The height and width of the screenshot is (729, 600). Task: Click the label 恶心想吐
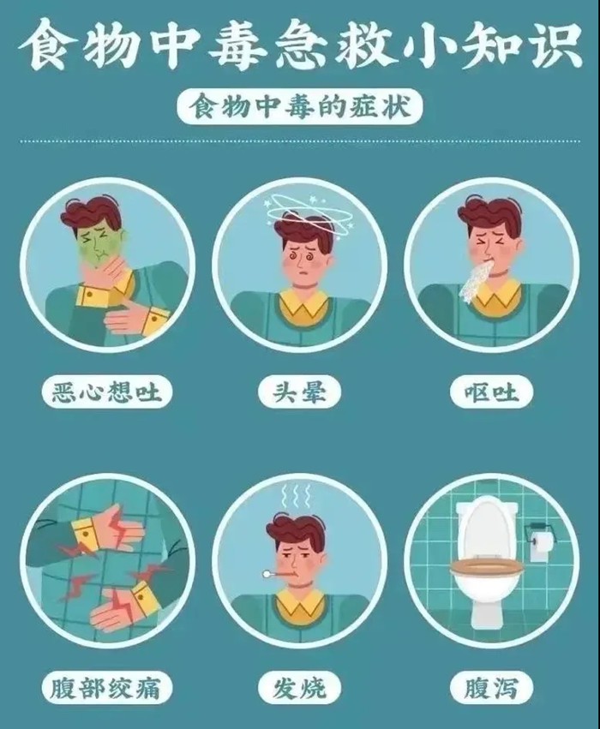click(107, 392)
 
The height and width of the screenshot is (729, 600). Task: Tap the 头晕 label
click(299, 392)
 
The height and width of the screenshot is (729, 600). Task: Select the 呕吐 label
click(491, 392)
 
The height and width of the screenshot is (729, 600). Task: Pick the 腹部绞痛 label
click(107, 686)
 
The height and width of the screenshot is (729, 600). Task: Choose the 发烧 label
click(299, 686)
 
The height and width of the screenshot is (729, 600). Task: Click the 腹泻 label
click(491, 686)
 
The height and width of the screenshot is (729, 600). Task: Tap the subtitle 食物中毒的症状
click(299, 109)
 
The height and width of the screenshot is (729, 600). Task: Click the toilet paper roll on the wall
click(539, 544)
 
